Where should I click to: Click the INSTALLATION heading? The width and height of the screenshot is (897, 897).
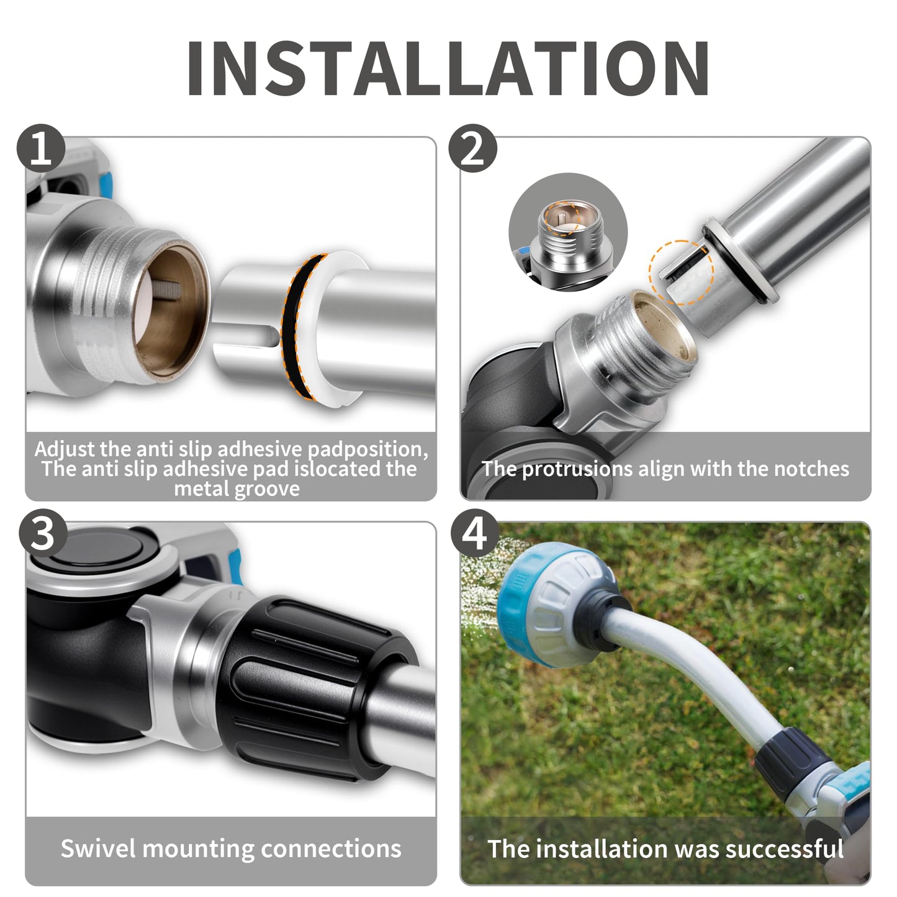tap(448, 68)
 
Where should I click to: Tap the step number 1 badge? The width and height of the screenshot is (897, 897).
tap(41, 148)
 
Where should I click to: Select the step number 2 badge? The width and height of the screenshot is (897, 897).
tap(472, 148)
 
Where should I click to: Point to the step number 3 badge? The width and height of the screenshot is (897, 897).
tap(43, 533)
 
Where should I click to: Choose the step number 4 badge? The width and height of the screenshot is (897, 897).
tap(475, 533)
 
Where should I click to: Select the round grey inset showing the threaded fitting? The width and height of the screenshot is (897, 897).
tap(568, 232)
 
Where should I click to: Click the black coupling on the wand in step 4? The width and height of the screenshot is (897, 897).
tap(794, 755)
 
